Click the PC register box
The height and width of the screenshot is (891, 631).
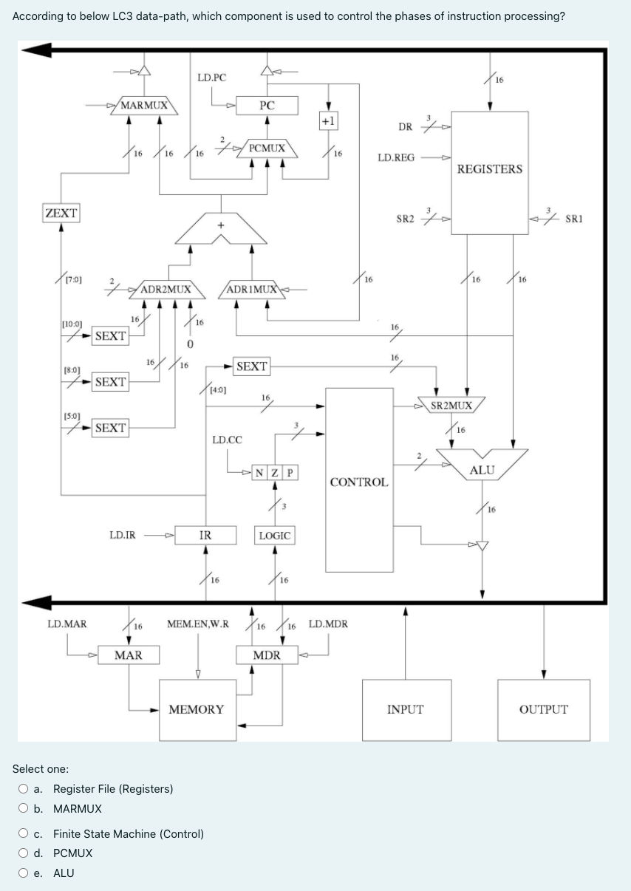pos(267,106)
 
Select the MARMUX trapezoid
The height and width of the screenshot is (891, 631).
pos(144,105)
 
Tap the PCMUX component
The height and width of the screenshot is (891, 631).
pos(267,148)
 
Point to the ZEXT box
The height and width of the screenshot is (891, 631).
pos(61,213)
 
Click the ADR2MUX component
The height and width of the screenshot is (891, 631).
pos(166,289)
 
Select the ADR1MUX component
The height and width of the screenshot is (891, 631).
pos(251,289)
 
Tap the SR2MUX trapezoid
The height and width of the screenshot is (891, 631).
pos(452,405)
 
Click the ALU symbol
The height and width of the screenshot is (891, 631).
pos(482,468)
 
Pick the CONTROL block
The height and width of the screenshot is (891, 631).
pos(359,481)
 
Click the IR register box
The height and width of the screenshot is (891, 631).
pos(205,535)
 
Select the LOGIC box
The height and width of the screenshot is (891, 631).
pos(274,535)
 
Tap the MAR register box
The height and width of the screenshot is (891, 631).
pos(129,655)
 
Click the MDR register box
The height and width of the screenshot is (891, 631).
pos(267,655)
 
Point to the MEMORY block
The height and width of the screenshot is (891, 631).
pos(197,709)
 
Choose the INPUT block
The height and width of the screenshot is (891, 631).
pos(405,709)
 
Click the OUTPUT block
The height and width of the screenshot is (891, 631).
pos(543,709)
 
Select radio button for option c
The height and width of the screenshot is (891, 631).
pos(25,834)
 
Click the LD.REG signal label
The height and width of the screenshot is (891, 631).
pos(396,157)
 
